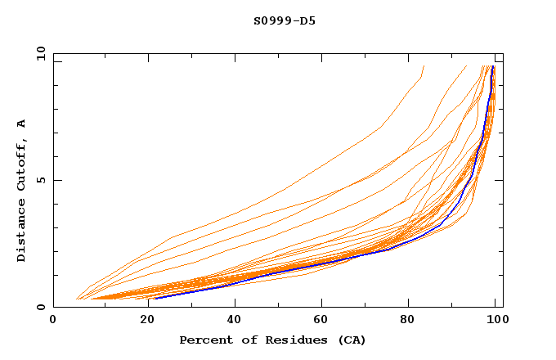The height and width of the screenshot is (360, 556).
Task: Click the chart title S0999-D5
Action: pos(285,20)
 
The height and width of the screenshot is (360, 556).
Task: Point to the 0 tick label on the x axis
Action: pos(53,322)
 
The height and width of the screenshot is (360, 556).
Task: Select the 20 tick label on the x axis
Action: pos(142,322)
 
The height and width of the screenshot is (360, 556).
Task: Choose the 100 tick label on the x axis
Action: pos(495,322)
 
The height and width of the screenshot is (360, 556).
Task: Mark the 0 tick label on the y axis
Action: pos(41,308)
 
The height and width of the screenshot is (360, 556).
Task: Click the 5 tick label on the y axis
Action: pos(41,180)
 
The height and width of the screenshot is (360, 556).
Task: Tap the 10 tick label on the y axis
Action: pos(38,52)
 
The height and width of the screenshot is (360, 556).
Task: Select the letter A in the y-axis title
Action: pos(21,124)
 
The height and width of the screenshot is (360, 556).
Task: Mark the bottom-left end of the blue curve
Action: pos(155,299)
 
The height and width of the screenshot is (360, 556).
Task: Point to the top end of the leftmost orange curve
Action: pos(424,65)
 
